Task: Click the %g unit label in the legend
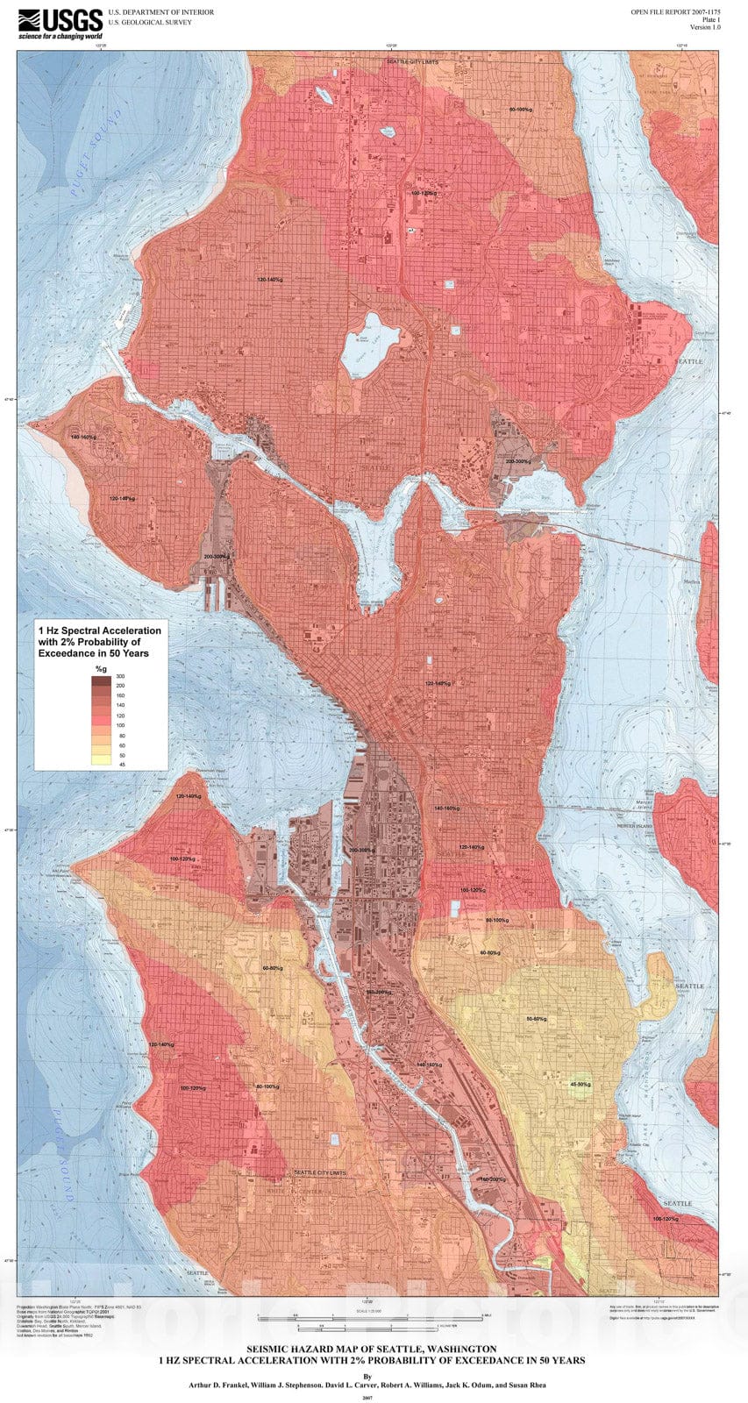100,670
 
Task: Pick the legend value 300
121,678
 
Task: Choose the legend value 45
121,764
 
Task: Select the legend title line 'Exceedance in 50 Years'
94,653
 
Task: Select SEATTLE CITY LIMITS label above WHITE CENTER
320,1172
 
